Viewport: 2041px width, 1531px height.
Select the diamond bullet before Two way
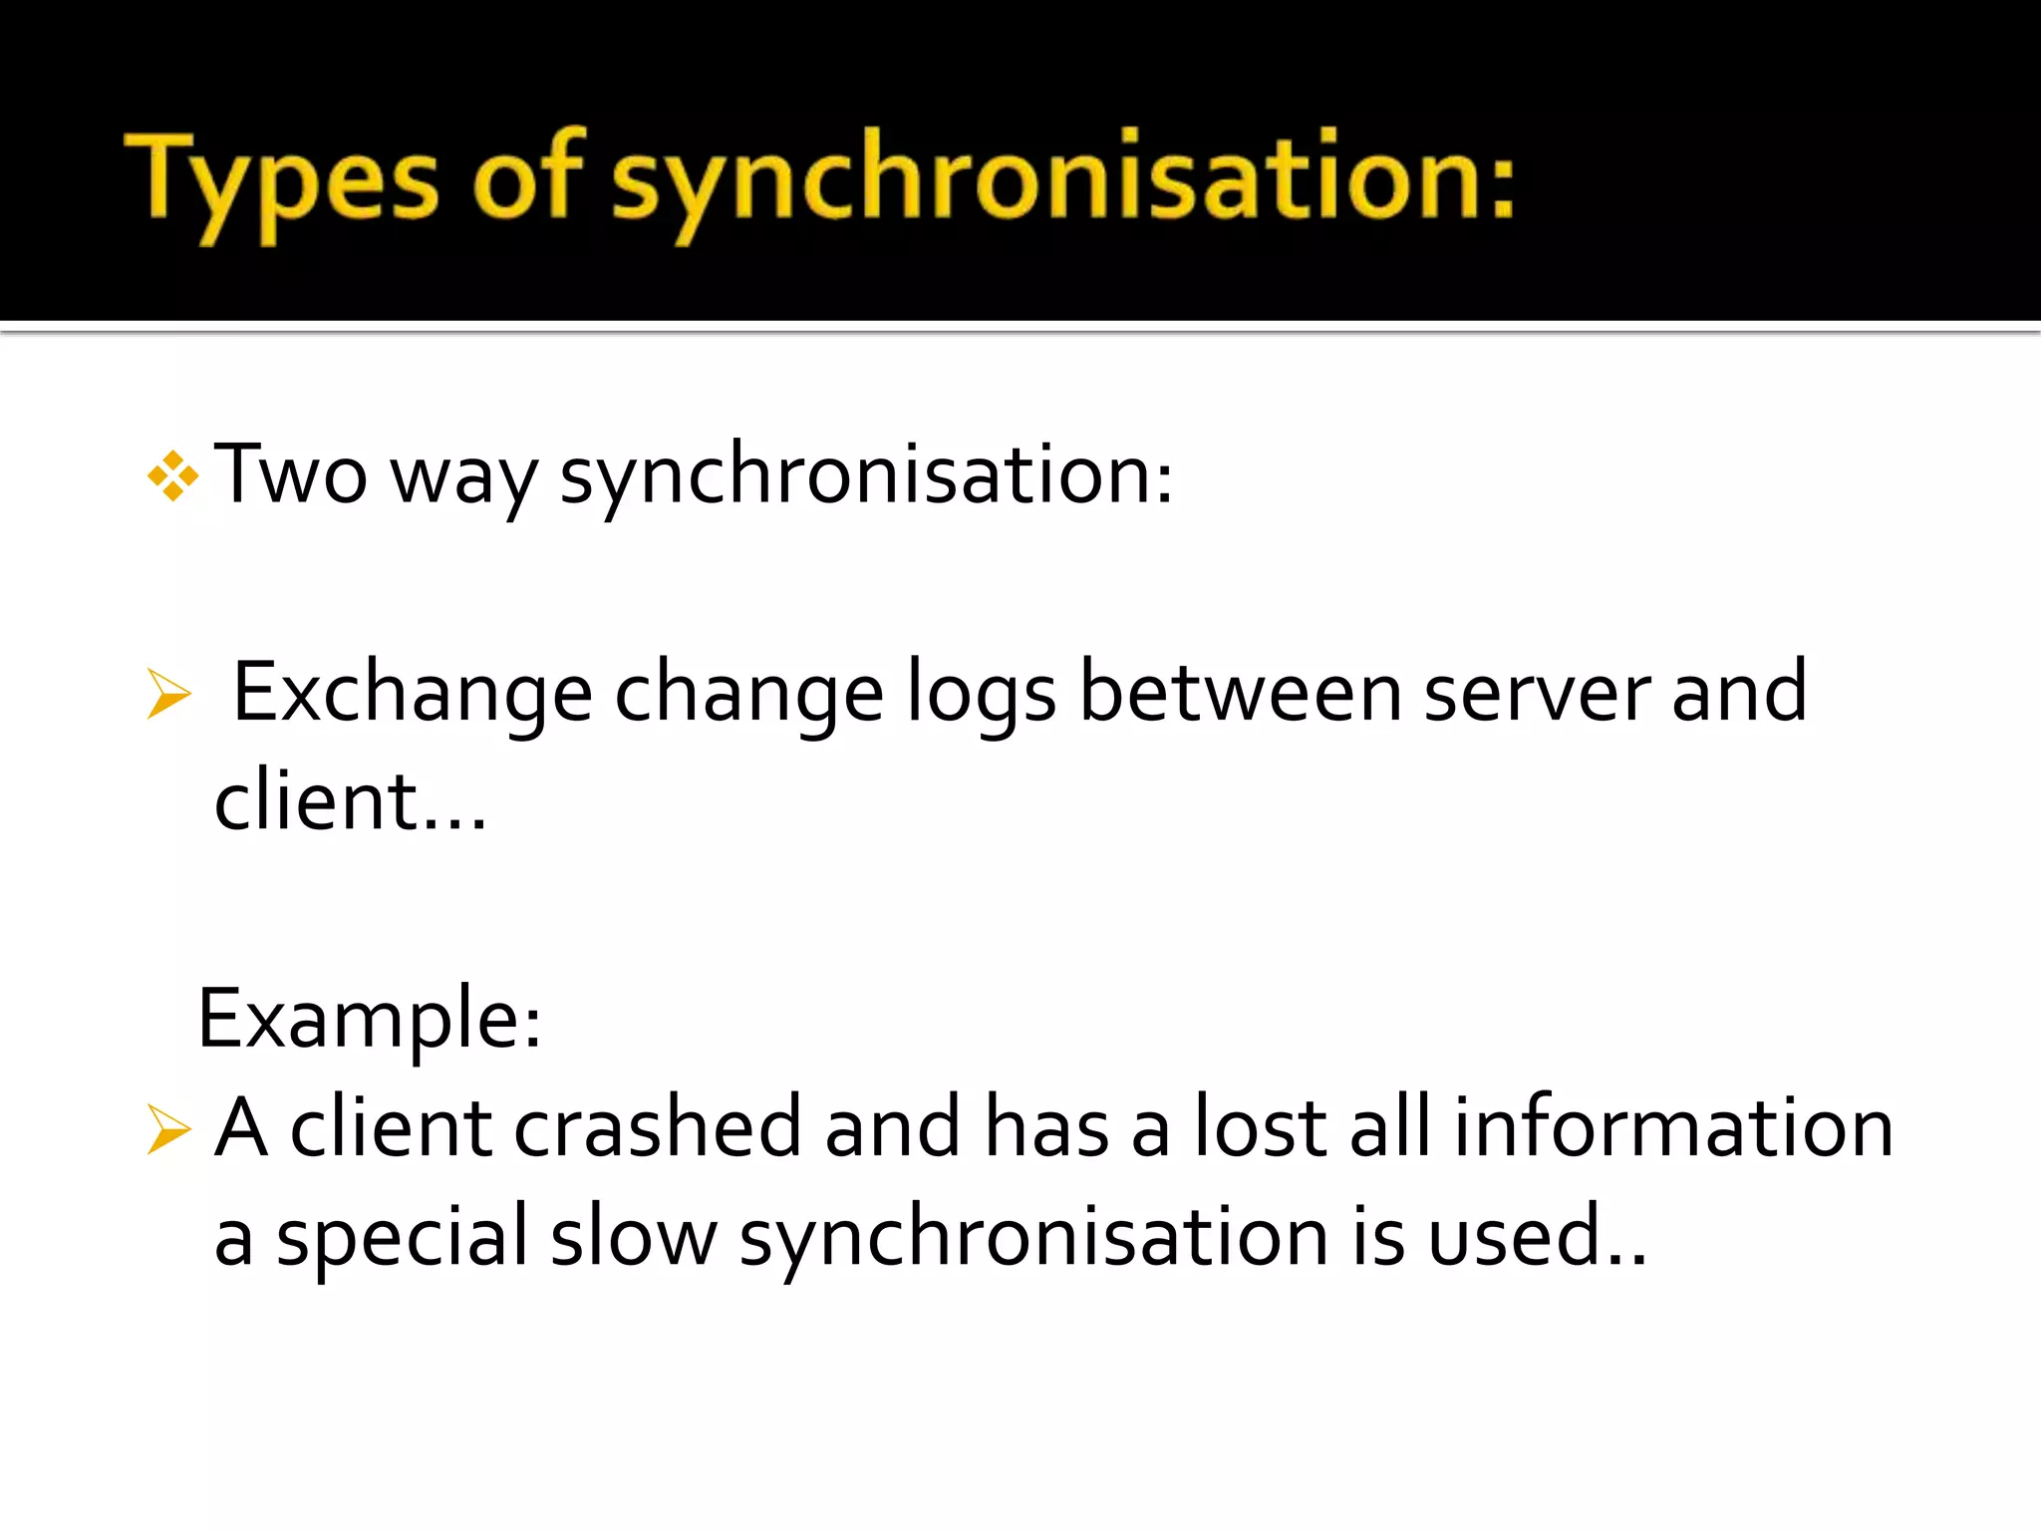click(x=172, y=475)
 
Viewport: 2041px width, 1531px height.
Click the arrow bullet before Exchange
click(x=168, y=694)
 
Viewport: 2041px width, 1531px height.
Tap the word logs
click(x=981, y=696)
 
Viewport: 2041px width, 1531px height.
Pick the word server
click(x=1536, y=694)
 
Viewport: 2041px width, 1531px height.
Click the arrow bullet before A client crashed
click(x=168, y=1129)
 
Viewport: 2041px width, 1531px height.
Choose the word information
click(x=1673, y=1127)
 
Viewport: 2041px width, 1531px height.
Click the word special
click(x=402, y=1239)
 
